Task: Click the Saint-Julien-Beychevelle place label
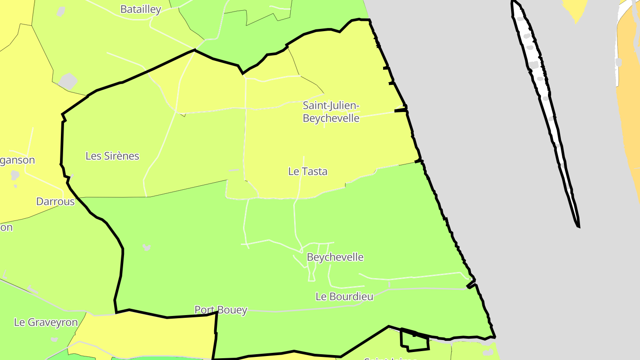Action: (x=331, y=112)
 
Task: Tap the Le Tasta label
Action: (x=308, y=172)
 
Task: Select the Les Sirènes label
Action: (x=112, y=156)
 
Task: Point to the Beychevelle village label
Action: (x=335, y=257)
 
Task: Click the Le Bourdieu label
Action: (x=344, y=296)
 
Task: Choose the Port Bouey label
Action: (x=220, y=310)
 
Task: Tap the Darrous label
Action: (x=56, y=202)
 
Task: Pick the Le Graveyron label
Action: (x=46, y=323)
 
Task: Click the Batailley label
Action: (x=140, y=10)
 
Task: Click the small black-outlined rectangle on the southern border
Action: (x=415, y=340)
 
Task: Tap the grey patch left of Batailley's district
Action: (x=68, y=81)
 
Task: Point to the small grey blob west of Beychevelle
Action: (x=146, y=247)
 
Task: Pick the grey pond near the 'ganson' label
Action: (x=15, y=175)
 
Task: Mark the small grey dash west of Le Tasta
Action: (x=234, y=170)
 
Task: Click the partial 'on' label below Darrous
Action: (x=6, y=228)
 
